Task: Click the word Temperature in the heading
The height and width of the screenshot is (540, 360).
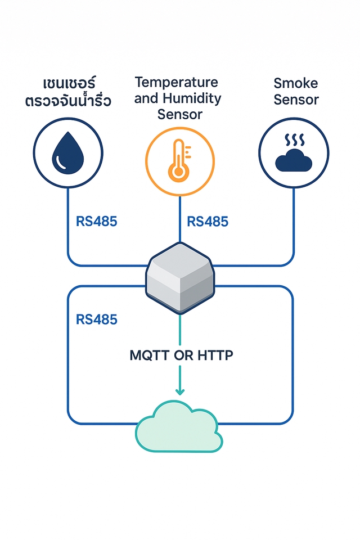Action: pos(176,82)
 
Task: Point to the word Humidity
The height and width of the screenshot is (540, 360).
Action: pos(191,98)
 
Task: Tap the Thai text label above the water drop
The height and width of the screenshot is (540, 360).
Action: pos(69,93)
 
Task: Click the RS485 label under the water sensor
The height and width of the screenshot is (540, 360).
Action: pos(96,221)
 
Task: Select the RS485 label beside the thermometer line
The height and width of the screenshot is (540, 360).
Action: pos(208,221)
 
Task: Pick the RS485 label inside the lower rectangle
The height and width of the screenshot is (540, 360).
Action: pos(96,319)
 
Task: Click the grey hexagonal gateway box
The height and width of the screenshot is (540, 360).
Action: pos(180,277)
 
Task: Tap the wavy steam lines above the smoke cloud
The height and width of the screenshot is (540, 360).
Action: pos(293,139)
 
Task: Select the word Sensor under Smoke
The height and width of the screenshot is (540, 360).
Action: pos(296,100)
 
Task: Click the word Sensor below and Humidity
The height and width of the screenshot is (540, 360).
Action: pos(179,115)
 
